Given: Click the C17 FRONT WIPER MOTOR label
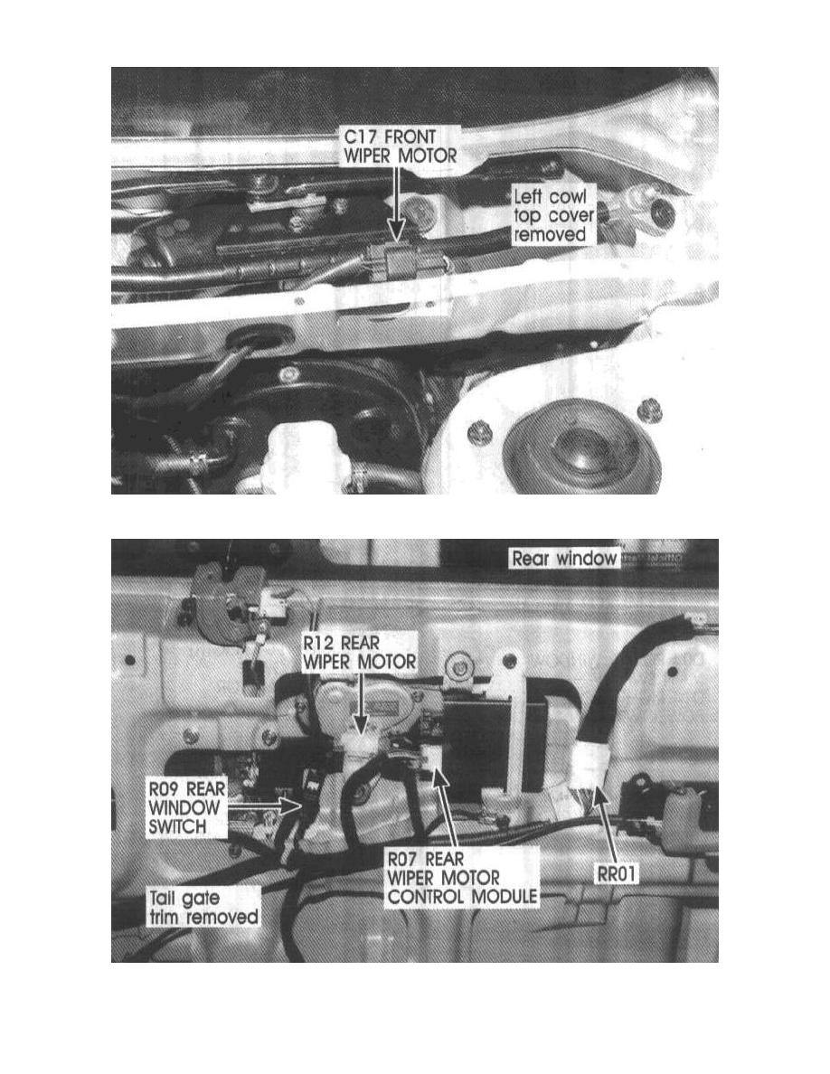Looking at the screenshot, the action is click(x=401, y=146).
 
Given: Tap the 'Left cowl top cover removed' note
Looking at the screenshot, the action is click(x=553, y=215).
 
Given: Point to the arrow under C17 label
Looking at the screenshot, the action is click(x=396, y=203).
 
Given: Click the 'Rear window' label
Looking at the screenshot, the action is click(x=565, y=558).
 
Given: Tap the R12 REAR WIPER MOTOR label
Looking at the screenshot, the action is click(x=360, y=652).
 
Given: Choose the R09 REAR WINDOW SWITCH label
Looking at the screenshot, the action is click(x=185, y=807).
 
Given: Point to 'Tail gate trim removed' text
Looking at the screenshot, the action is click(x=203, y=908).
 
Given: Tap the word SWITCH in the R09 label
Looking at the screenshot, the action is click(x=177, y=826).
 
